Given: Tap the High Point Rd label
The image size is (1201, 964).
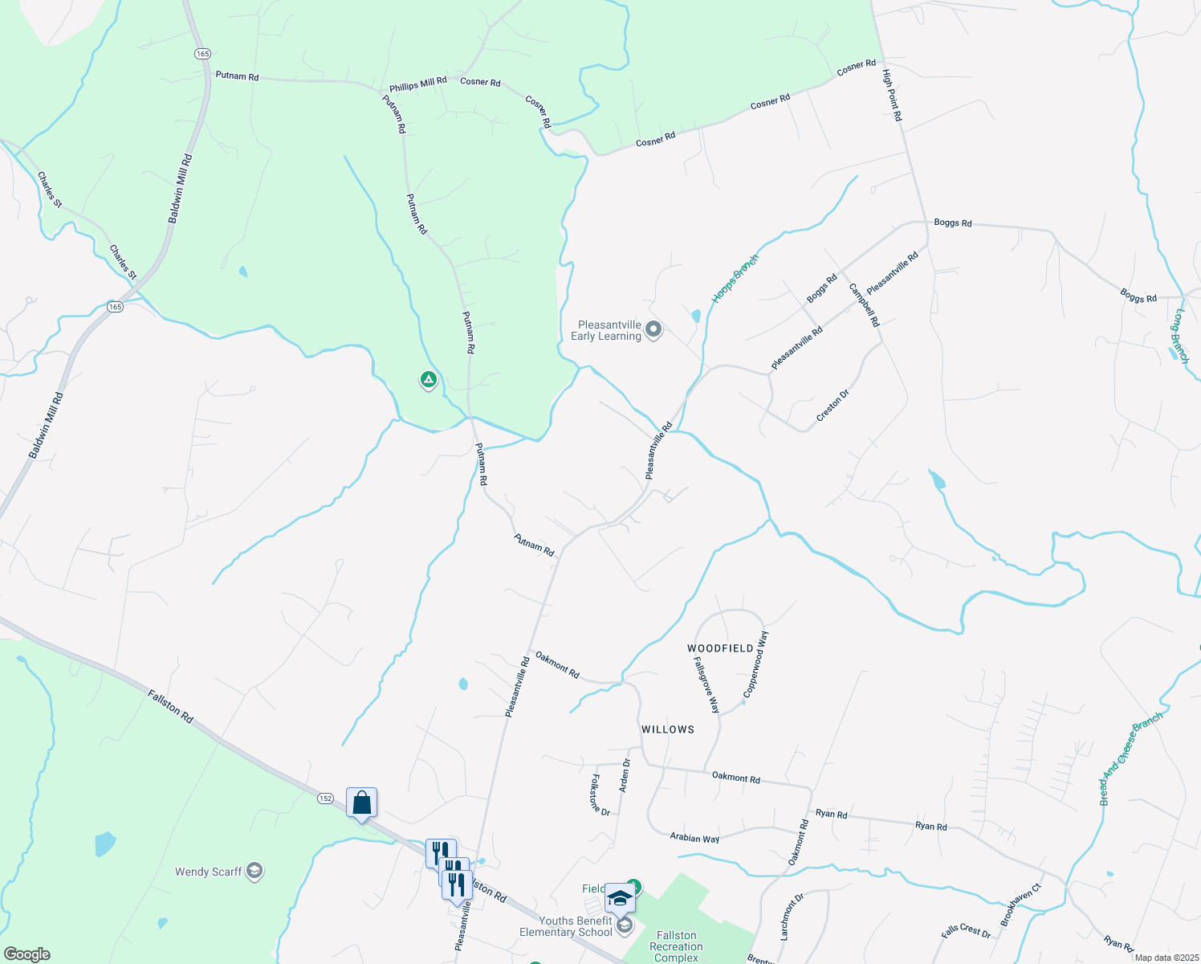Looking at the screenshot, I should pos(892,95).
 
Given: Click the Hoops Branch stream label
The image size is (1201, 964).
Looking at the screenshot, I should pos(735,279).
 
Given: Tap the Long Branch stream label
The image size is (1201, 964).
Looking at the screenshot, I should pos(1179,336).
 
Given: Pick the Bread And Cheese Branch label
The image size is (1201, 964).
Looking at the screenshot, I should pos(1131,758).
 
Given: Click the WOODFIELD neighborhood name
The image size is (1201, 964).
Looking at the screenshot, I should pos(721,647).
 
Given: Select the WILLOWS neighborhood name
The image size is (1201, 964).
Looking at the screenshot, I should pos(668,729).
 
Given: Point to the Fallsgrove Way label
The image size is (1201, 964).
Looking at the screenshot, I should pos(706,684).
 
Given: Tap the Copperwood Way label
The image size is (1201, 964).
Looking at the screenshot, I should pos(755,664).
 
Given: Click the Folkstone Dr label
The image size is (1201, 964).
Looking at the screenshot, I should pos(600,794).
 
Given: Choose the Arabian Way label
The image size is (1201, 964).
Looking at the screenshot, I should pos(694,838).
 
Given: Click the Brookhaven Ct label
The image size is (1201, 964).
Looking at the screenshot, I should pos(1020,905).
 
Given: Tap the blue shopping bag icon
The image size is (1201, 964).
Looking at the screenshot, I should pos(361,802).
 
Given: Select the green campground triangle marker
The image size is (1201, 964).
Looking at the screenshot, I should pos(429,378).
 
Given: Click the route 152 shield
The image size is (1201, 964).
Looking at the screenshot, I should pos(324,798).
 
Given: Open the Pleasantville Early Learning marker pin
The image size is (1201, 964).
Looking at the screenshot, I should pos(653,329).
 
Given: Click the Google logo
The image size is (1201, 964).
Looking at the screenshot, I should pos(26,954).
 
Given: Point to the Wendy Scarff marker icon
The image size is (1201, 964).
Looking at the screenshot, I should pos(254,871).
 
